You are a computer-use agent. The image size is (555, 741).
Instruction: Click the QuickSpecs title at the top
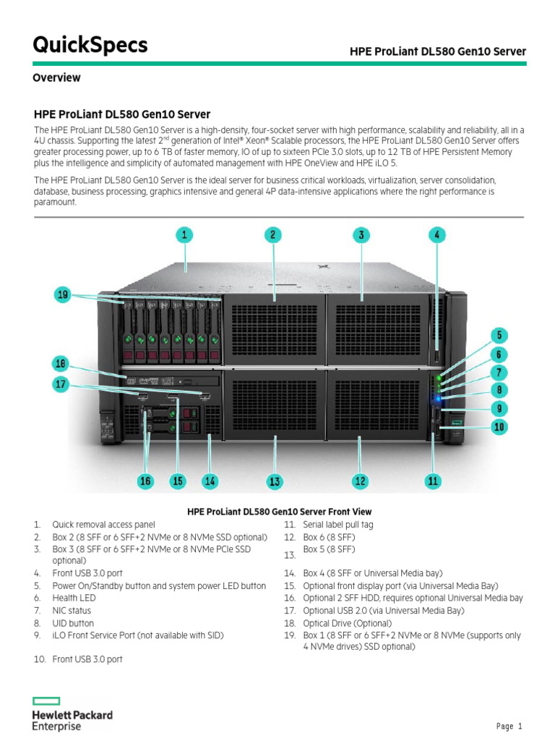click(x=90, y=45)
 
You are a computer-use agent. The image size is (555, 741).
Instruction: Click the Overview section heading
click(x=56, y=77)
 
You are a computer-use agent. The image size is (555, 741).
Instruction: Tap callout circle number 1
click(x=185, y=234)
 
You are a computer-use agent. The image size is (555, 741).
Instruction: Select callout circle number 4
click(x=436, y=234)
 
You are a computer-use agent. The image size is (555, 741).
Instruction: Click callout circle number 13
click(x=274, y=481)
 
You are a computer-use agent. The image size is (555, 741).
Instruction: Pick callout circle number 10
click(x=499, y=428)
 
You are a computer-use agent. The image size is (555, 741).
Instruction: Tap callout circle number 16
click(x=145, y=481)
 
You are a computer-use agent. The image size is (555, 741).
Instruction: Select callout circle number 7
click(x=499, y=373)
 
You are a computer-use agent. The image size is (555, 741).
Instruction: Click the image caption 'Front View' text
click(x=279, y=511)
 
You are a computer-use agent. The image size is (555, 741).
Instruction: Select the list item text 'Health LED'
click(x=74, y=598)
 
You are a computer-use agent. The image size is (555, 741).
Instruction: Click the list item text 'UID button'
click(x=73, y=623)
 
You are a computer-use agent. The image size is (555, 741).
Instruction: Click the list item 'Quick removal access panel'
click(x=103, y=525)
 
